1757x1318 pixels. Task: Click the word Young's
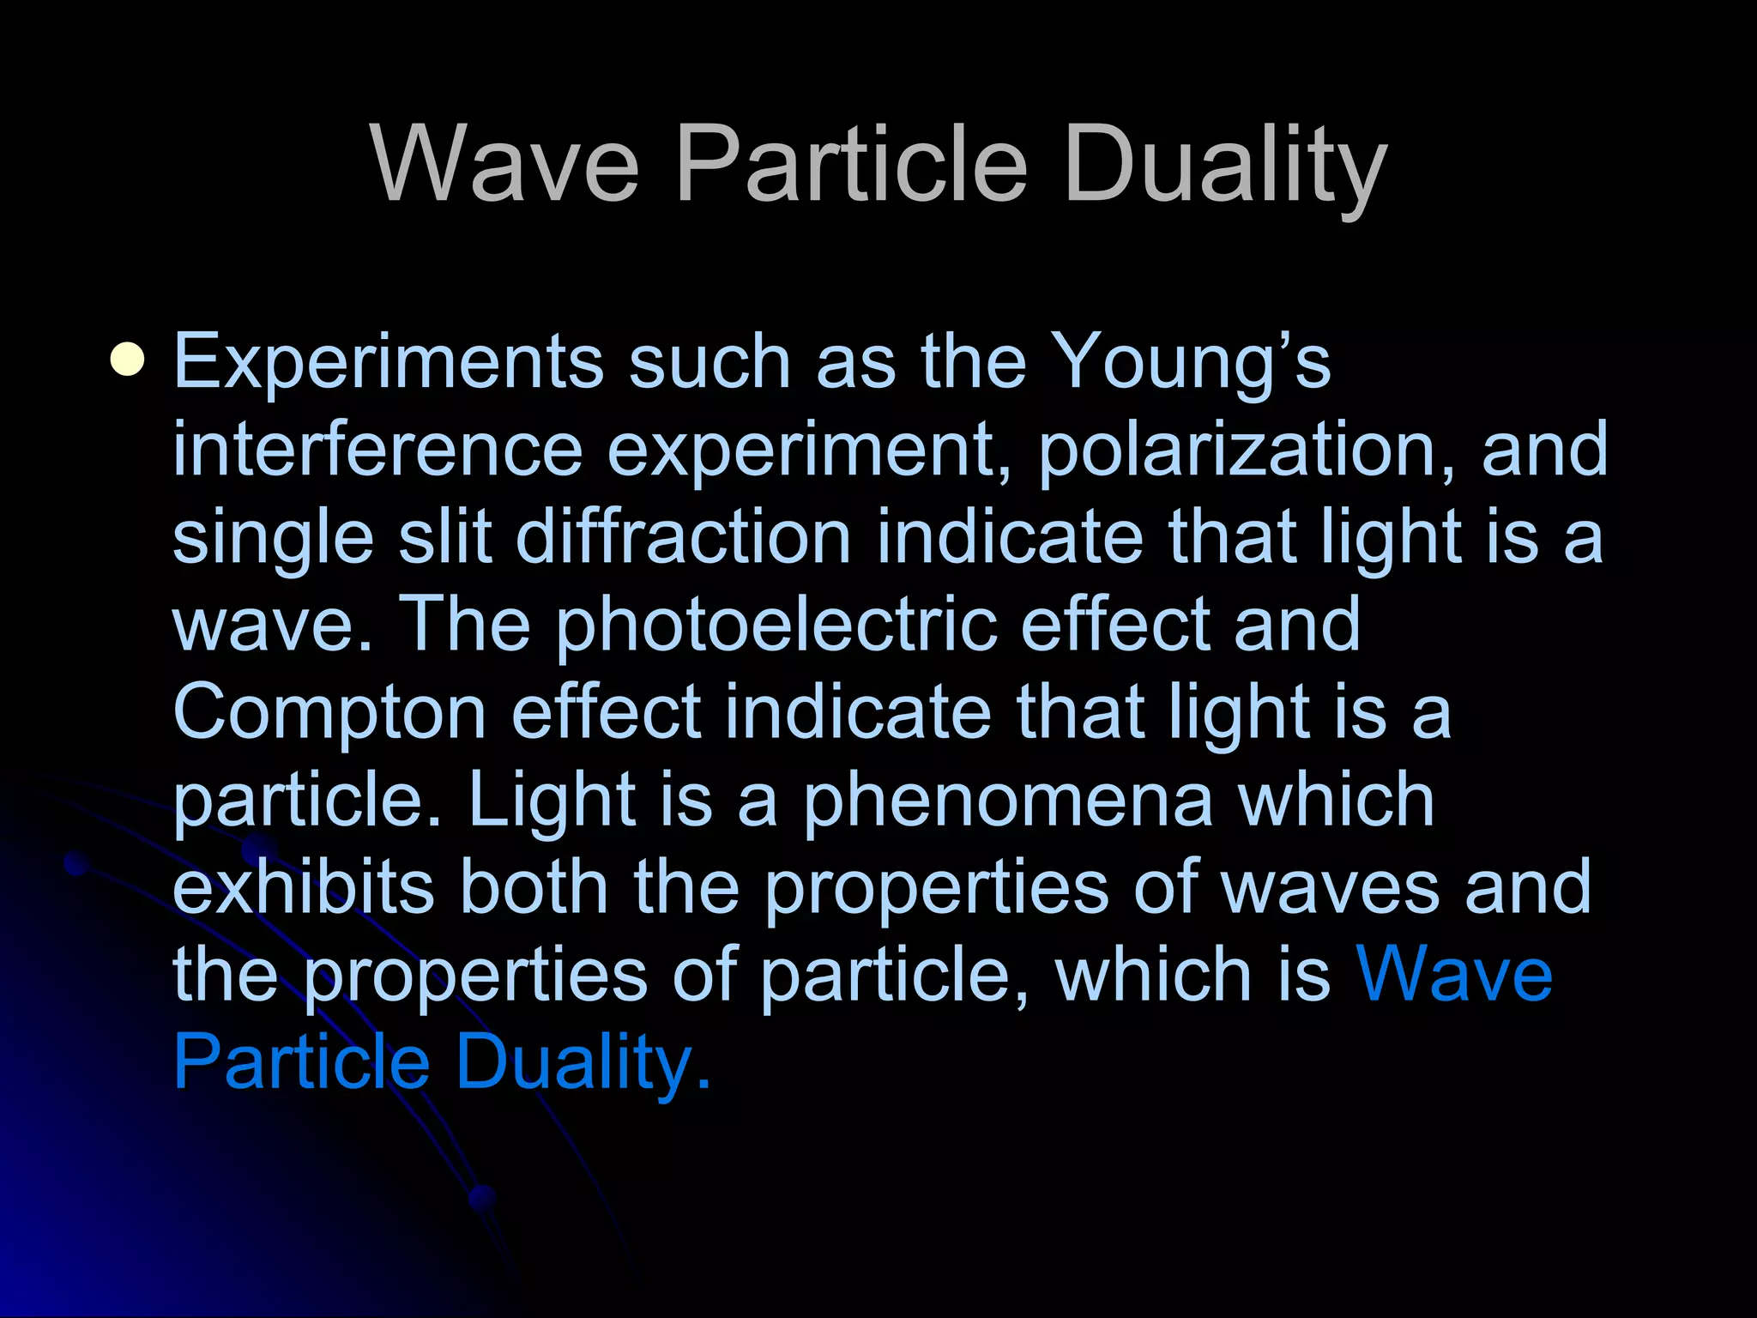pyautogui.click(x=1190, y=362)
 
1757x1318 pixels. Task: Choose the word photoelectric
pyautogui.click(x=776, y=626)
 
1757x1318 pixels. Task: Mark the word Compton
pyautogui.click(x=330, y=714)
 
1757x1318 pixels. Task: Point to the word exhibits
pyautogui.click(x=304, y=887)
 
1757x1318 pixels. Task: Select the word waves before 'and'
pyautogui.click(x=1329, y=887)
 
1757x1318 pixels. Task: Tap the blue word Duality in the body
pyautogui.click(x=583, y=1064)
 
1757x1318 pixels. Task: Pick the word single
pyautogui.click(x=273, y=538)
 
